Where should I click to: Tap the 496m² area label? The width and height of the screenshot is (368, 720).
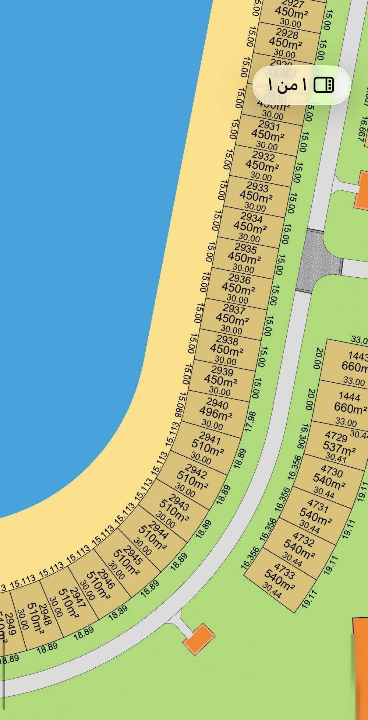pos(216,414)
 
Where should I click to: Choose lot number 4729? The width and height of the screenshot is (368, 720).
pos(336,437)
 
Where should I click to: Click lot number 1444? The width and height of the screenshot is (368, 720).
pos(349,396)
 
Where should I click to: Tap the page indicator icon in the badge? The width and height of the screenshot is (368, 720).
pos(324,85)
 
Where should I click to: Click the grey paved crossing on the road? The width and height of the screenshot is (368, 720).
pos(319,260)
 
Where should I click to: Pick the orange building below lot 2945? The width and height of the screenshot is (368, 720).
pos(199,639)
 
